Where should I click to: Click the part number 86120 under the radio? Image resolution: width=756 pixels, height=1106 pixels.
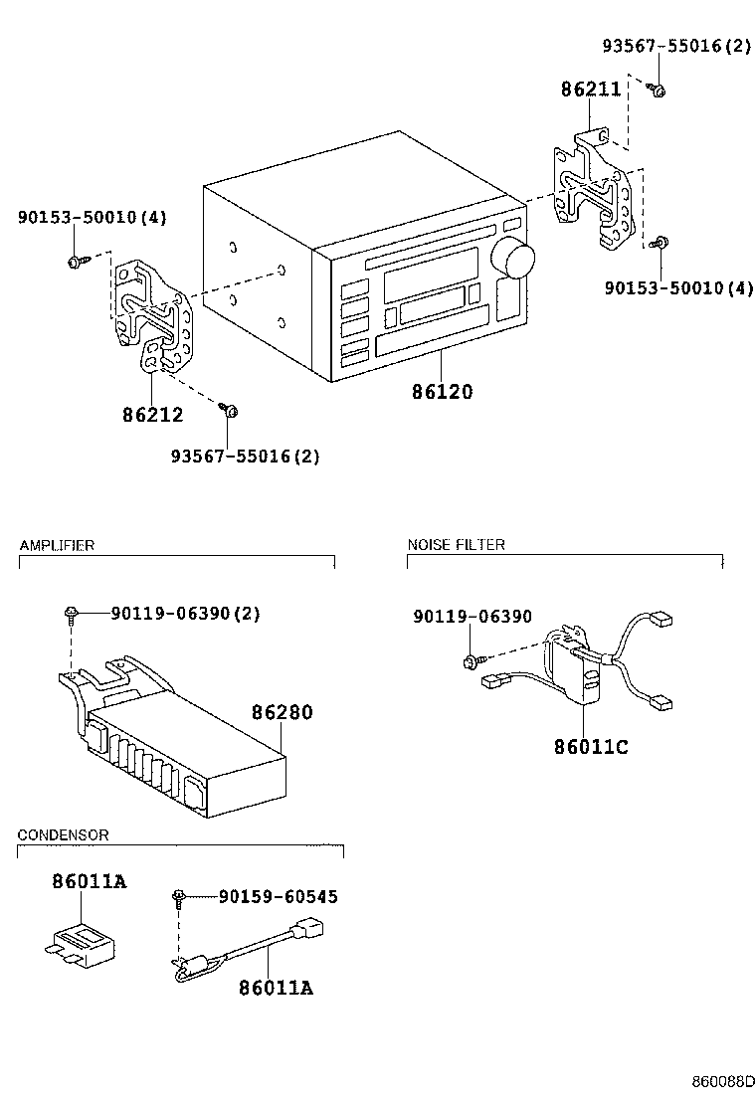pos(442,392)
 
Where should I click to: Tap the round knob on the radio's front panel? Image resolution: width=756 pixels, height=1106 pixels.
pos(515,260)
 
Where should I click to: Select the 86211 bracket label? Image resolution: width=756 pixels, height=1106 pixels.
pos(590,90)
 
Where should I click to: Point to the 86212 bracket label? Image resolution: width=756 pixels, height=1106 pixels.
pos(152,415)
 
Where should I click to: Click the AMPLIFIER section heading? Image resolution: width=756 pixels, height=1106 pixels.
pos(57,545)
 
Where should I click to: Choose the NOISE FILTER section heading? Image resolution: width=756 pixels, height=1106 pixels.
pos(456,544)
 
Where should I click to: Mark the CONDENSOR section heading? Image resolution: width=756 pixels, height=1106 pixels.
pos(63,834)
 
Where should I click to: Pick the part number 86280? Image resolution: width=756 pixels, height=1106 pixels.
pos(282,712)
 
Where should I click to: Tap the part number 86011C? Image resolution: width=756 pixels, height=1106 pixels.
pos(591,746)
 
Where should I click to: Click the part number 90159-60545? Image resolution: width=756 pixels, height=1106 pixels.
pos(278,896)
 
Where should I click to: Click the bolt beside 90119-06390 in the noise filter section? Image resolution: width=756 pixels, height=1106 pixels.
pos(470,660)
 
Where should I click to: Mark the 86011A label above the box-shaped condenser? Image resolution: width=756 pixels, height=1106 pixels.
pos(89,881)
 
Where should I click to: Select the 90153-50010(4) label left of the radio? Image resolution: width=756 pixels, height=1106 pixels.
pos(78,217)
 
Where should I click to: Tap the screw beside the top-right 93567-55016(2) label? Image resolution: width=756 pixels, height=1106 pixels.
pos(658,91)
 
